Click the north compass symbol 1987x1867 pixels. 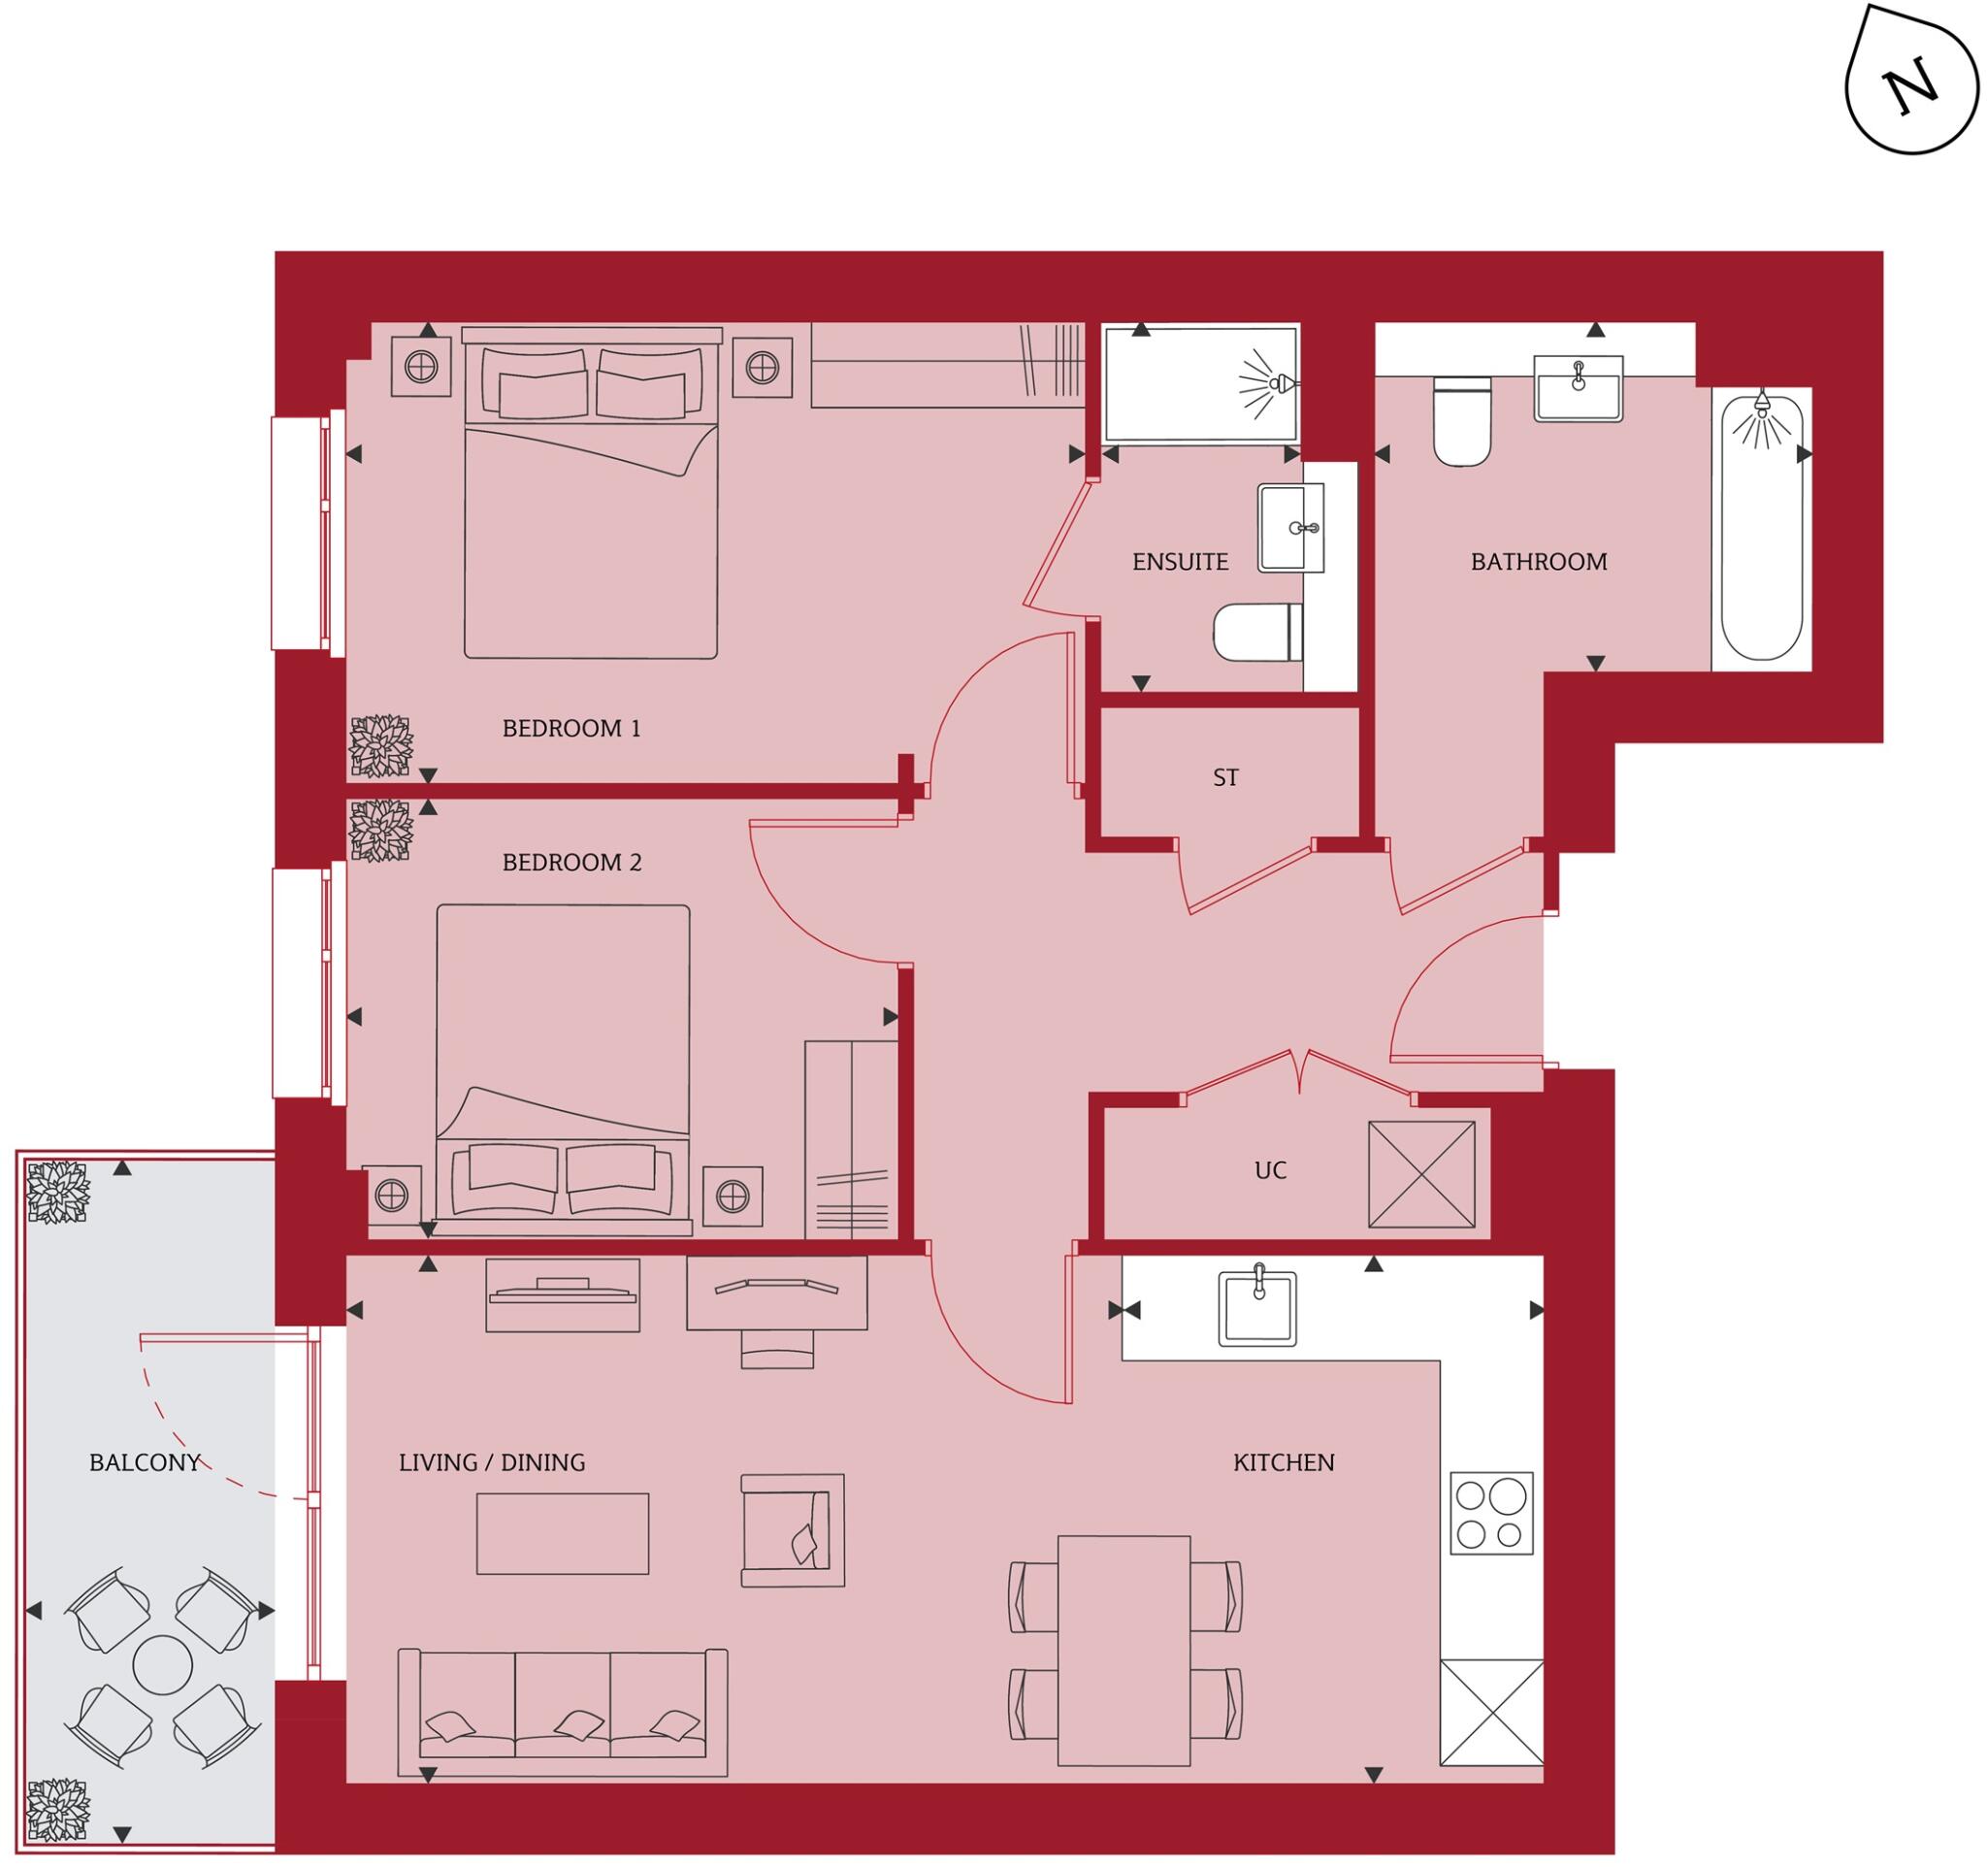click(x=1910, y=92)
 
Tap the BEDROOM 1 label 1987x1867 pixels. click(x=570, y=729)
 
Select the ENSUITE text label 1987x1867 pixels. click(x=1180, y=562)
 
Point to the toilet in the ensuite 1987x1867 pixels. click(x=1256, y=632)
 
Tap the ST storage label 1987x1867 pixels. click(x=1224, y=777)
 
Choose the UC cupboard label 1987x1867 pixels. click(x=1269, y=1170)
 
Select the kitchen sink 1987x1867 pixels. click(x=1257, y=1308)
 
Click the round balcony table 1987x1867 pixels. click(x=163, y=1664)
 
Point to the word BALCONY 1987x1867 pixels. click(x=144, y=1463)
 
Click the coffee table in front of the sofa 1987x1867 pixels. click(x=562, y=1533)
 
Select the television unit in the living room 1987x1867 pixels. click(x=562, y=1295)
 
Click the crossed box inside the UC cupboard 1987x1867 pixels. click(x=1420, y=1174)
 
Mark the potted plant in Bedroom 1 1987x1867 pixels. click(x=379, y=746)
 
